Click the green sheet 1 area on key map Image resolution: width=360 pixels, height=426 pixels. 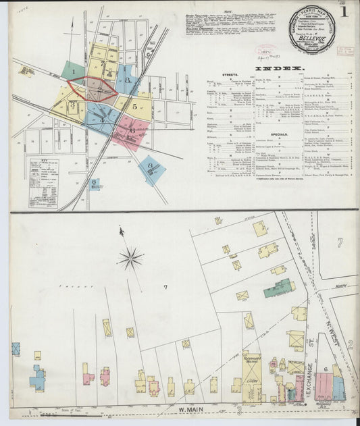pos(72,70)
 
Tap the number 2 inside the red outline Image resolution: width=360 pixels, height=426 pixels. pos(100,88)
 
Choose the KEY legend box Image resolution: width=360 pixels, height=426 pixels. pos(43,182)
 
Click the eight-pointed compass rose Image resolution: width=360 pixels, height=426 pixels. pos(130,257)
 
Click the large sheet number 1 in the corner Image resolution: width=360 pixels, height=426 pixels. pos(344,11)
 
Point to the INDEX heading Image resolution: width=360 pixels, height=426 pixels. pos(280,68)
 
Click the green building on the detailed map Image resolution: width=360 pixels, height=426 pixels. pos(279,288)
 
